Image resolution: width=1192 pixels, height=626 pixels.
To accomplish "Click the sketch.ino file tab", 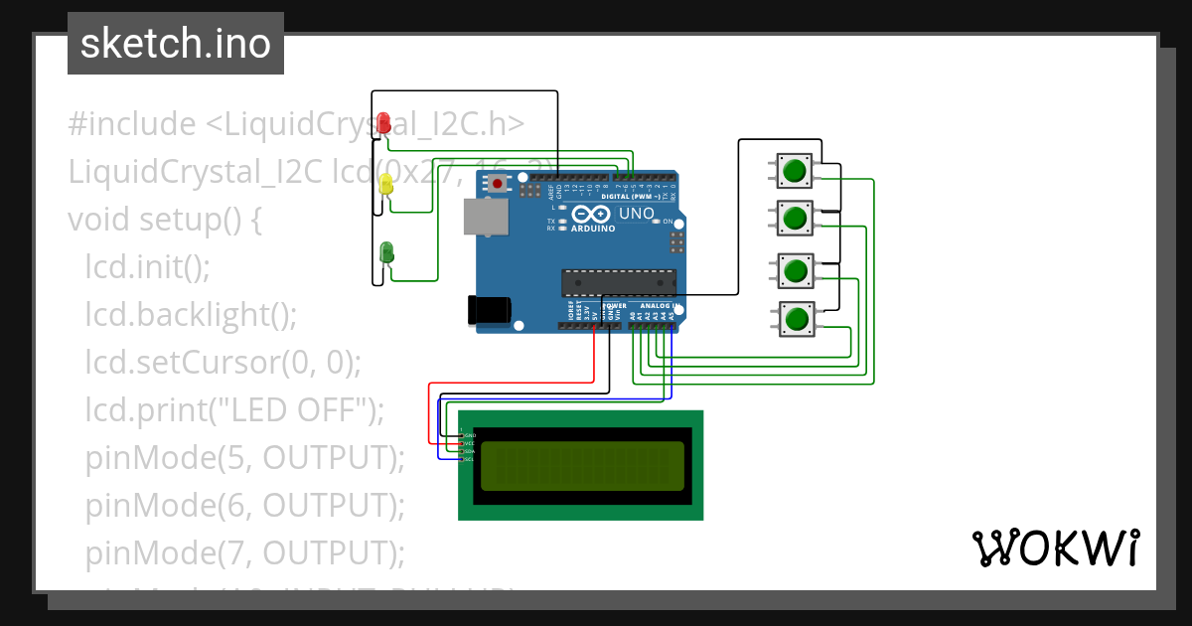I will [176, 44].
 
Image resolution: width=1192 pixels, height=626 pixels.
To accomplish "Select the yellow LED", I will [386, 184].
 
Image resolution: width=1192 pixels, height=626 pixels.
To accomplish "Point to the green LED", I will [386, 252].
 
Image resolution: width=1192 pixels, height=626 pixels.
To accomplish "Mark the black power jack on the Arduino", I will [489, 310].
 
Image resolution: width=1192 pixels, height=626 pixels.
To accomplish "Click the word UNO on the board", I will [637, 214].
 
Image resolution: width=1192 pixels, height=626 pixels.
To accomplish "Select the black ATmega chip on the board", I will [618, 283].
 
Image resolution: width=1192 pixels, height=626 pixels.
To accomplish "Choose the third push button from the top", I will [795, 270].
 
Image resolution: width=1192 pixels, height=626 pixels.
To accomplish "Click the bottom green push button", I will [795, 320].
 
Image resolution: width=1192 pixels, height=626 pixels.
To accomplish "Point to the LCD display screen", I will [582, 466].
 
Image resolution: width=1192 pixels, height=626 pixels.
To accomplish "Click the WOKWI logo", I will [1055, 548].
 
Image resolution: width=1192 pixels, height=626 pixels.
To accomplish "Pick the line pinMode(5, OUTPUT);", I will [245, 458].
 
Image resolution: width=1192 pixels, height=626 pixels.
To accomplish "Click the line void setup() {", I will [165, 220].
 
